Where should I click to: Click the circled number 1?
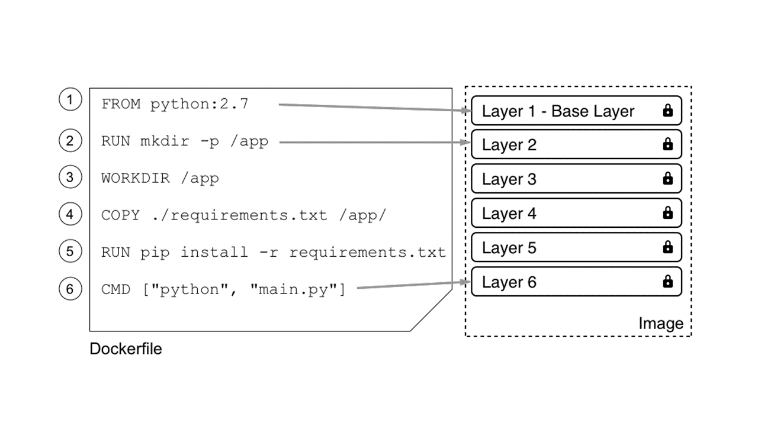tap(70, 99)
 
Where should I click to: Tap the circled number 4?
tap(70, 214)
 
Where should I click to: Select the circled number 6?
tap(70, 289)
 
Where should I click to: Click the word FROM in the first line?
tap(121, 104)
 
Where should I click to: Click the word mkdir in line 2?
tap(165, 141)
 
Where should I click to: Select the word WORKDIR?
tap(136, 178)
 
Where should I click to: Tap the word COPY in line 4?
tap(120, 215)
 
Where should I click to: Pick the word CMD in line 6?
tap(115, 289)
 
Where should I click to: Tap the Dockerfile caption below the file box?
tap(126, 348)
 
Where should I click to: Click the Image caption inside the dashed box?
tap(661, 324)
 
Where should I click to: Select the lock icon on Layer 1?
tap(667, 111)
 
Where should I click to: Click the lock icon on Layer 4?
tap(667, 212)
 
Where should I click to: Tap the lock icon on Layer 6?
tap(667, 281)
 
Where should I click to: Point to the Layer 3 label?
tap(509, 179)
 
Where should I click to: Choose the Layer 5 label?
tap(509, 248)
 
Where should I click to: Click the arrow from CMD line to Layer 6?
tap(414, 285)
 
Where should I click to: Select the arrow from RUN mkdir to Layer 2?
tap(375, 143)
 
